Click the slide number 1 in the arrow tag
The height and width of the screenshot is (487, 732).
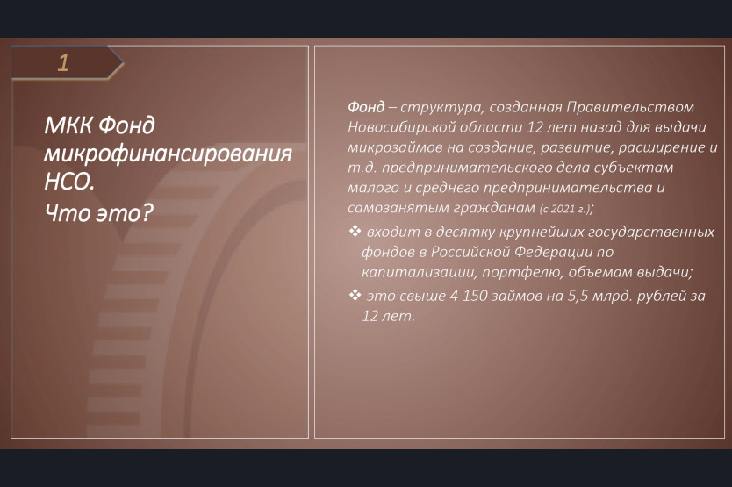[63, 62]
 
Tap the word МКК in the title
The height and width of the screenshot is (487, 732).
[68, 125]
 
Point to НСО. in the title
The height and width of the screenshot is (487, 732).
[69, 182]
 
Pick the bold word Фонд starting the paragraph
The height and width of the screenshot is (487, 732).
[366, 107]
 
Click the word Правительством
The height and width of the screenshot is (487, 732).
[630, 107]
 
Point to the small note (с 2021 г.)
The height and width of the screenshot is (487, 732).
[566, 209]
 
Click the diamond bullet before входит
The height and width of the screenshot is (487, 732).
[355, 231]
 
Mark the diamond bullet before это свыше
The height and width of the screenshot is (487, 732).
[355, 295]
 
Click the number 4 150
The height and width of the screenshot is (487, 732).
[469, 296]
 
